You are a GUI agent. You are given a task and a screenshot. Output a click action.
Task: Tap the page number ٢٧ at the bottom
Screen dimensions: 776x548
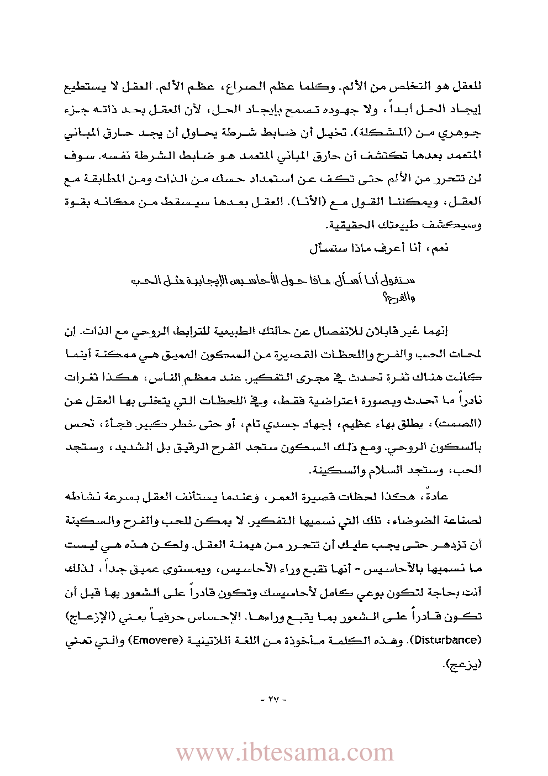point(274,699)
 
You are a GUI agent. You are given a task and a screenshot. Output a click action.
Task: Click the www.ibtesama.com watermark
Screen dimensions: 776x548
point(284,753)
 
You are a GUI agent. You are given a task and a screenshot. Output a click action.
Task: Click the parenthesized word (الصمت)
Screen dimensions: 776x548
point(460,424)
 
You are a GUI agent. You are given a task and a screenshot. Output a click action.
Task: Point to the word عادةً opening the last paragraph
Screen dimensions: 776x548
point(435,496)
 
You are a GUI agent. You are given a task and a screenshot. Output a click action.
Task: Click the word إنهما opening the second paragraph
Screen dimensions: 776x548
point(435,331)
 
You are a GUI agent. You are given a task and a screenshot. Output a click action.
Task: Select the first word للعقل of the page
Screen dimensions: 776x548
point(467,87)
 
